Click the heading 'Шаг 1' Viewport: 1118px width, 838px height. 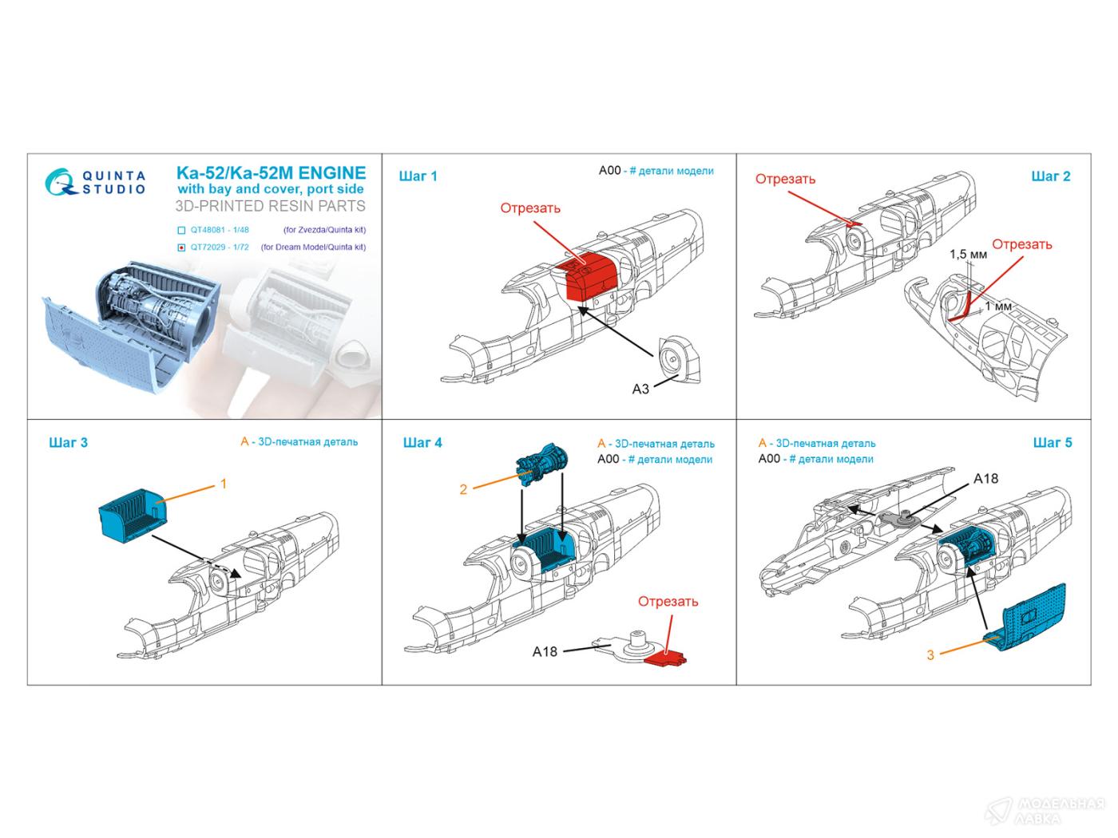tap(418, 176)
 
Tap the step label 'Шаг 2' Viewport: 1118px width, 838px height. tap(1050, 176)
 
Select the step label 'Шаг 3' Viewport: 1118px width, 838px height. tap(68, 442)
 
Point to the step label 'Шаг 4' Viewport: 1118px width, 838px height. tap(422, 442)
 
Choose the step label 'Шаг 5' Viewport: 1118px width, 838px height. tap(1053, 442)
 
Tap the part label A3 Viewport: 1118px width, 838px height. tap(640, 389)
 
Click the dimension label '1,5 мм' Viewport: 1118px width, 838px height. tap(968, 255)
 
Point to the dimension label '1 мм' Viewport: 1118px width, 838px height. tap(998, 306)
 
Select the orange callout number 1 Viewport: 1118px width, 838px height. tap(224, 484)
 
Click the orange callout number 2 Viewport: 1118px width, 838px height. tap(463, 489)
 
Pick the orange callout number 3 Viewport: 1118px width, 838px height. tap(930, 655)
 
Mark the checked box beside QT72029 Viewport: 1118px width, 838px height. tap(183, 247)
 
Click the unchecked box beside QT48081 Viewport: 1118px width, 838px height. tap(183, 230)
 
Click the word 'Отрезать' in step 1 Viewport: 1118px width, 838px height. tap(530, 208)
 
